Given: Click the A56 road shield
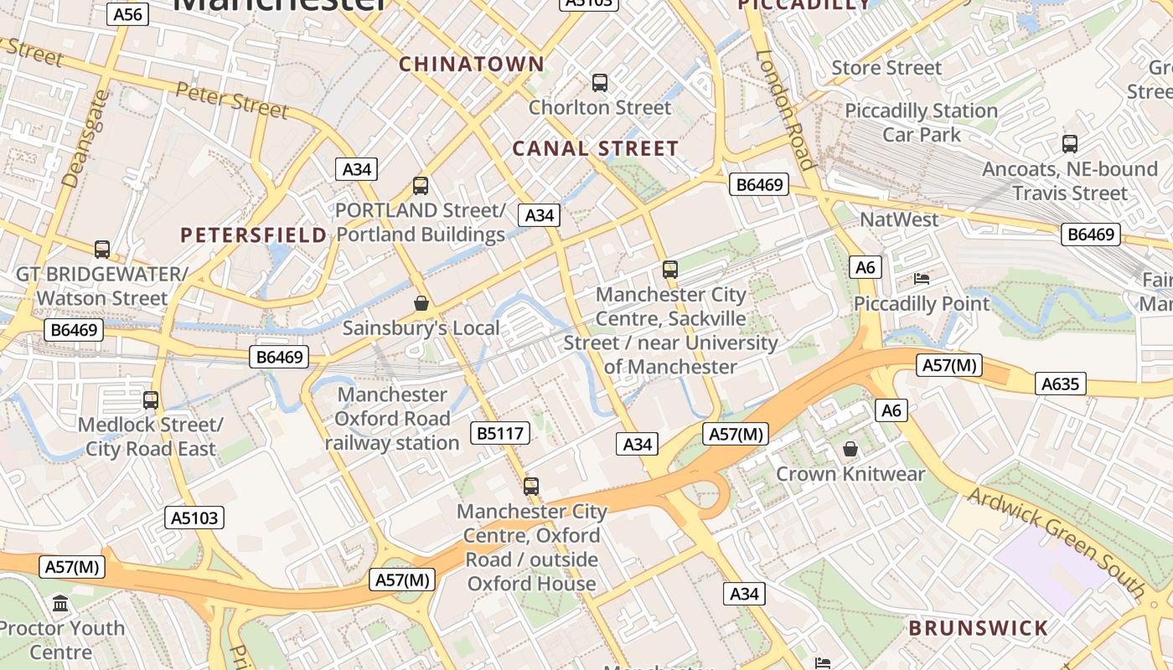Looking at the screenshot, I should pyautogui.click(x=127, y=13).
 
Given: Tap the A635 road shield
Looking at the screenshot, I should pyautogui.click(x=1062, y=384).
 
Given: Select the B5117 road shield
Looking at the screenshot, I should pyautogui.click(x=500, y=433).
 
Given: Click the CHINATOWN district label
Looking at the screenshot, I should pyautogui.click(x=472, y=64).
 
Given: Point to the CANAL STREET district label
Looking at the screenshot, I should pyautogui.click(x=595, y=149).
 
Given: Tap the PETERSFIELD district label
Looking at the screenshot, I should pyautogui.click(x=254, y=235).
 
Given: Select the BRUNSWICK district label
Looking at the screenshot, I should pyautogui.click(x=978, y=628).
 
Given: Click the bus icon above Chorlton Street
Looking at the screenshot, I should pyautogui.click(x=600, y=83).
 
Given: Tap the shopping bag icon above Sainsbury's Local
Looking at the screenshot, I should pyautogui.click(x=421, y=303).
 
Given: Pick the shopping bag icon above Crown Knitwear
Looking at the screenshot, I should pyautogui.click(x=850, y=450).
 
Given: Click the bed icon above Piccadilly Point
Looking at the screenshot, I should pyautogui.click(x=922, y=279).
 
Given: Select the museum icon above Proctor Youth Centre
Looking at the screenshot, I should pyautogui.click(x=60, y=603).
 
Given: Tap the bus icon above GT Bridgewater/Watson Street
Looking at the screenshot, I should pyautogui.click(x=102, y=250).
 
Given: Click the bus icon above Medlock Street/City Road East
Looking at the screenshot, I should pyautogui.click(x=151, y=400).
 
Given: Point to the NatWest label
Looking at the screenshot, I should pyautogui.click(x=899, y=219).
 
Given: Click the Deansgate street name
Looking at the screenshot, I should pyautogui.click(x=86, y=138).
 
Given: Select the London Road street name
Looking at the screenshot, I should pyautogui.click(x=786, y=109).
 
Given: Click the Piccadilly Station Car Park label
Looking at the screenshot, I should pyautogui.click(x=921, y=122).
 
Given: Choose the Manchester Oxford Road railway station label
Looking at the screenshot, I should pyautogui.click(x=392, y=419).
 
